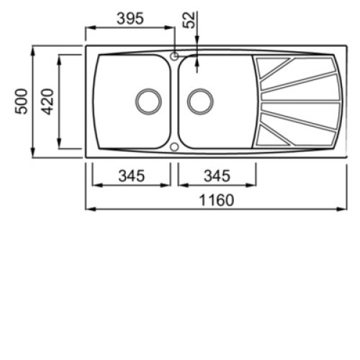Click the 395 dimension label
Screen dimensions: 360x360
pos(130,19)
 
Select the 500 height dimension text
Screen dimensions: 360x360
pos(22,102)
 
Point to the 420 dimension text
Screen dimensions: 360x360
pos(47,102)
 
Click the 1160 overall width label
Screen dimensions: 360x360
pos(217,200)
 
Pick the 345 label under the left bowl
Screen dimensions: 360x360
pos(132,176)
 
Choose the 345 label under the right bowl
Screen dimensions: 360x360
pos(217,176)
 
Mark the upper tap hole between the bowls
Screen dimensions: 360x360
pos(174,56)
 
